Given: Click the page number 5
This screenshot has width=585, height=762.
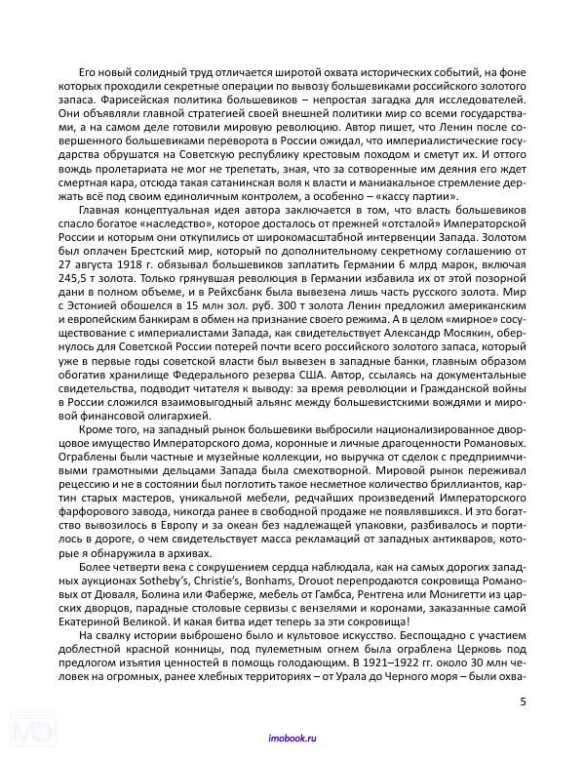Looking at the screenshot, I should point(523,701).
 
